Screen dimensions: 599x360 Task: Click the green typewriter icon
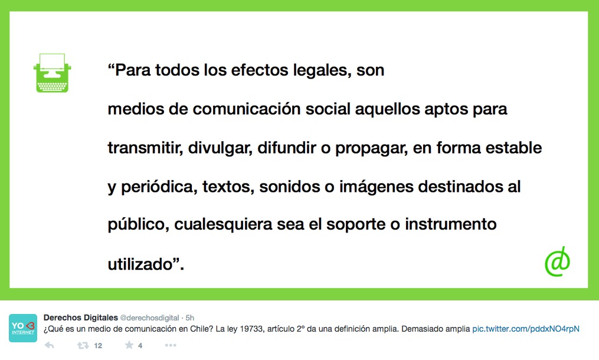point(53,73)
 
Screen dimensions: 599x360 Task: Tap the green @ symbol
point(557,262)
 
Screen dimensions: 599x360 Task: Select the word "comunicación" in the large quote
point(247,109)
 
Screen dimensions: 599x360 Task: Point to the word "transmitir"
point(145,148)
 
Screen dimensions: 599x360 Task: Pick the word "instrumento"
point(451,224)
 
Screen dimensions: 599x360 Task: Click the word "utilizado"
point(140,264)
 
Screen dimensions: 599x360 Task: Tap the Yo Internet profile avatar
point(23,328)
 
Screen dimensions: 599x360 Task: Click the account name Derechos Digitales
point(81,318)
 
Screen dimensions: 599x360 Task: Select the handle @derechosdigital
point(149,318)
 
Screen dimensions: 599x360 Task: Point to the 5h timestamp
point(190,318)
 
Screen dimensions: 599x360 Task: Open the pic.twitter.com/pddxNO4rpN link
point(526,329)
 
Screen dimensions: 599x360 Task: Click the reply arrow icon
point(50,345)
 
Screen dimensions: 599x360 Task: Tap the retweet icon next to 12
point(83,345)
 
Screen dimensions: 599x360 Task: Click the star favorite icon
point(129,345)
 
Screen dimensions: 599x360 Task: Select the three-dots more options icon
point(171,345)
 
